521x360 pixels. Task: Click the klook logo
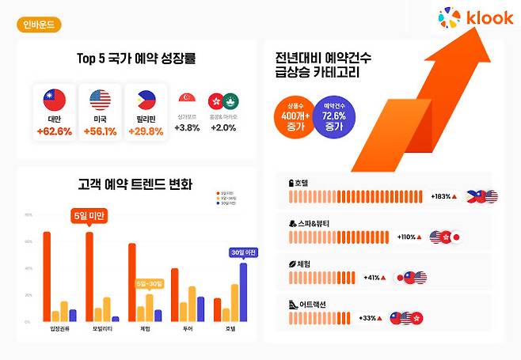[476, 17]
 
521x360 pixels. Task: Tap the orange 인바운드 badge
[38, 25]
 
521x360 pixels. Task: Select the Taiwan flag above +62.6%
[54, 100]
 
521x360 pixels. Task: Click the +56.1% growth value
[99, 131]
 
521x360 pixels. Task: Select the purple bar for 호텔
[243, 292]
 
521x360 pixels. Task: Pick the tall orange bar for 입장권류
[47, 276]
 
